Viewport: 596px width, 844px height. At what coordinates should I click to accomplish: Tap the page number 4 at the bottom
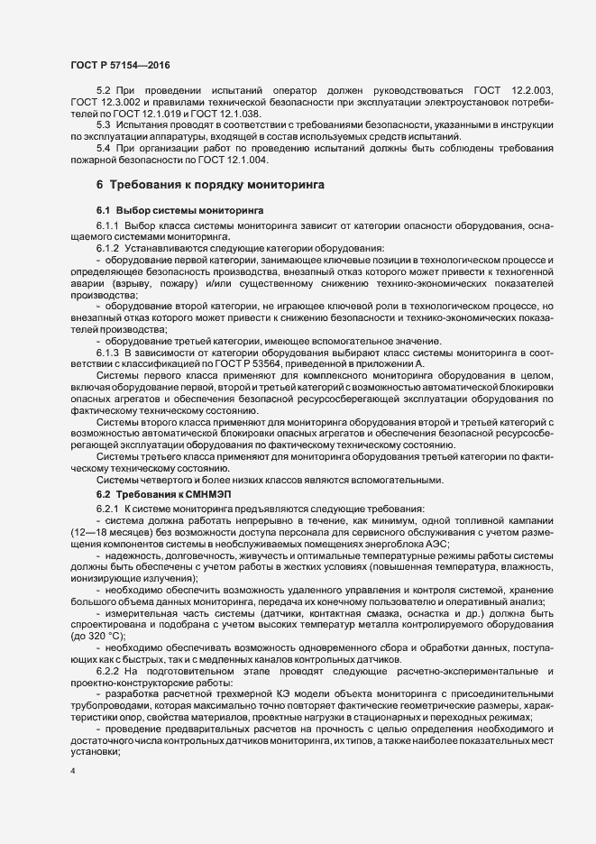(73, 773)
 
